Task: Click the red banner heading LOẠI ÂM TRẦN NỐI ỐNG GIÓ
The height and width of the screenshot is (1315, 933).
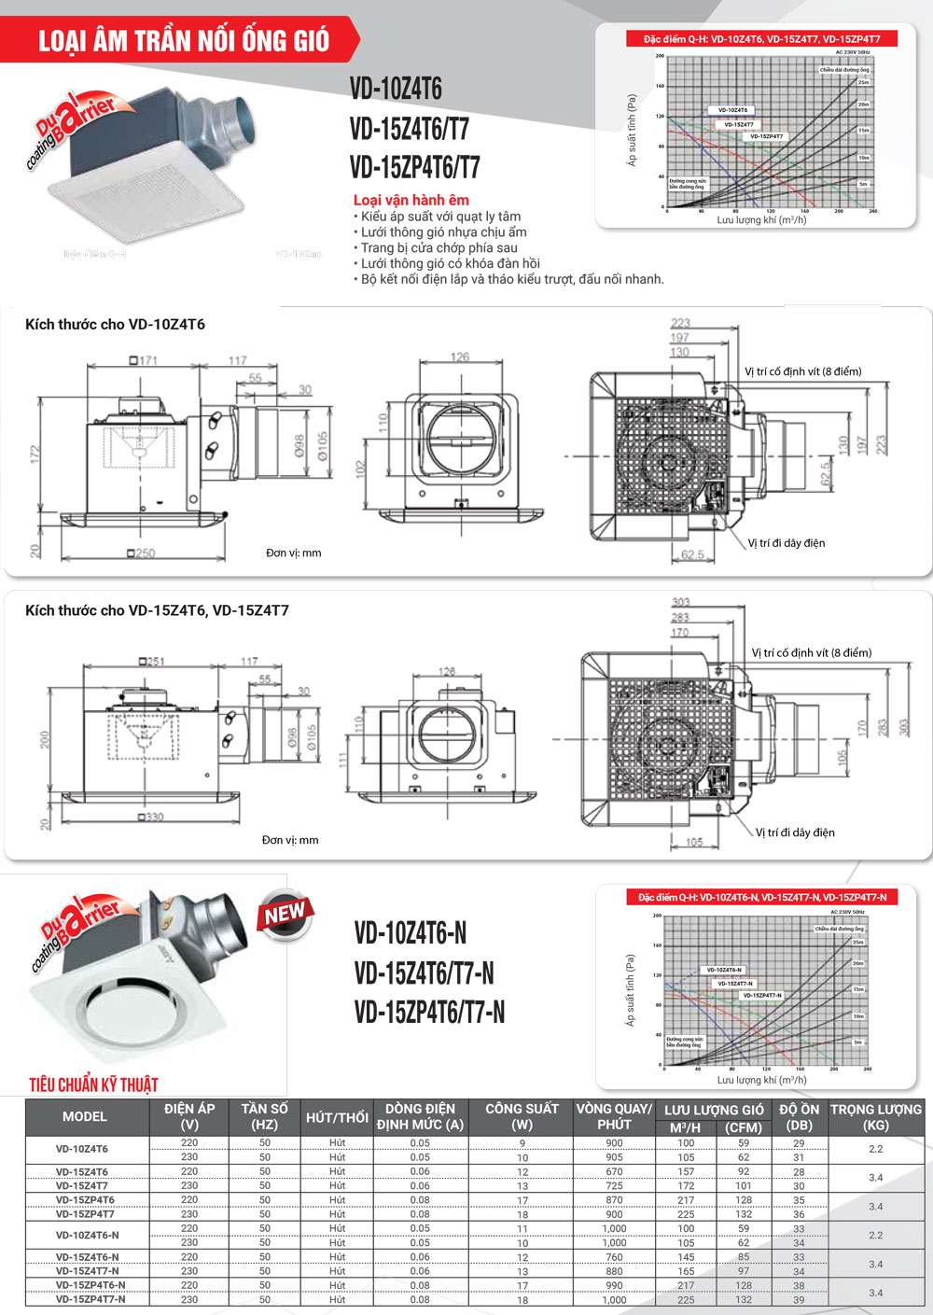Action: click(x=184, y=41)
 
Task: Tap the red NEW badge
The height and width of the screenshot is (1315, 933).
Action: click(x=285, y=914)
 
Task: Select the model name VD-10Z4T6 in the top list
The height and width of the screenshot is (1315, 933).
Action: click(x=396, y=89)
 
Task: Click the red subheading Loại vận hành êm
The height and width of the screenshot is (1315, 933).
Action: click(x=411, y=200)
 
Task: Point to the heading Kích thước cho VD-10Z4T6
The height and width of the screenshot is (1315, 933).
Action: click(x=115, y=325)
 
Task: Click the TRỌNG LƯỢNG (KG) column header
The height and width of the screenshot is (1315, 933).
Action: click(x=875, y=1116)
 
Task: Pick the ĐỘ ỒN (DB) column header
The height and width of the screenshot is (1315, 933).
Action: click(x=800, y=1116)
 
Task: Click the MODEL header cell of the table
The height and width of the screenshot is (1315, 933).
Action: click(x=84, y=1116)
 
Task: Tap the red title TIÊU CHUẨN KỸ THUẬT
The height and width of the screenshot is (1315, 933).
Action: click(x=93, y=1084)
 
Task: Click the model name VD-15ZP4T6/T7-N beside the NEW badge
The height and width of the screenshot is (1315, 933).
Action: click(x=429, y=1012)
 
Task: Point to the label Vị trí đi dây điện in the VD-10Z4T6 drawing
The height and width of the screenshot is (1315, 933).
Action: click(x=786, y=543)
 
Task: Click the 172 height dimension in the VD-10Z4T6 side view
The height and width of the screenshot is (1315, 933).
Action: click(x=35, y=455)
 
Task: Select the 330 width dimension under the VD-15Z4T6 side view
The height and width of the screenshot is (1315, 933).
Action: click(x=151, y=817)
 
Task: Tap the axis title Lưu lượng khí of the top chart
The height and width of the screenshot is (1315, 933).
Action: click(x=761, y=220)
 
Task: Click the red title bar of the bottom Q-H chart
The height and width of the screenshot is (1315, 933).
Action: click(x=762, y=897)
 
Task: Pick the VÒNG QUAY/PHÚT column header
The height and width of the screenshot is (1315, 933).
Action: click(x=613, y=1116)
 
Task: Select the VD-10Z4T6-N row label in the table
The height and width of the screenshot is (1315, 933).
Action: click(x=87, y=1235)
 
